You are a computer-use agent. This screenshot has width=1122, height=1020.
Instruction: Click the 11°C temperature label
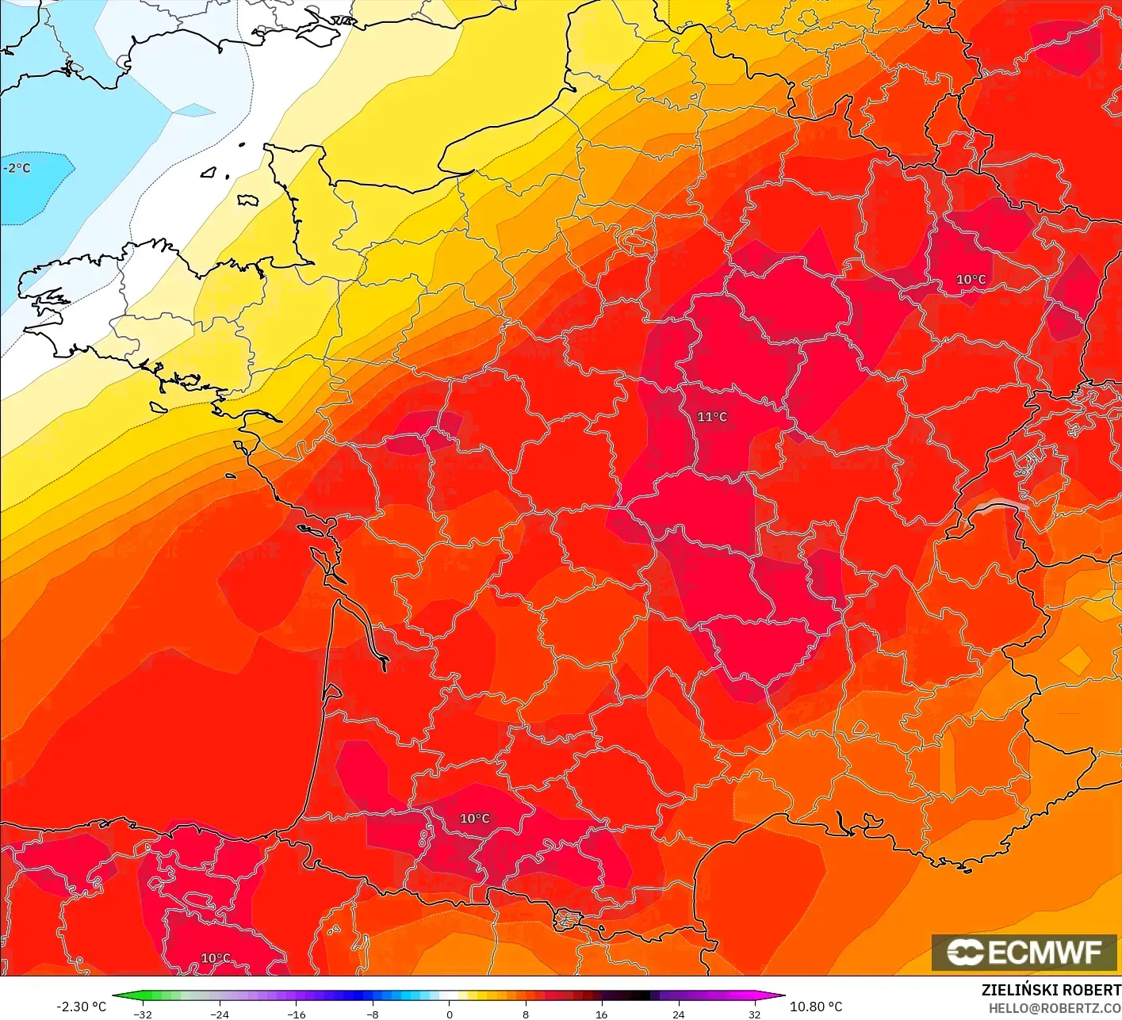click(711, 417)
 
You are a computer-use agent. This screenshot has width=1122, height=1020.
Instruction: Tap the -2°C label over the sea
click(17, 168)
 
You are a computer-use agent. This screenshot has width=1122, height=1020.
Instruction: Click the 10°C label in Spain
click(215, 958)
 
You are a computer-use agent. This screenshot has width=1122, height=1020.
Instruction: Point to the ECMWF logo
click(1024, 952)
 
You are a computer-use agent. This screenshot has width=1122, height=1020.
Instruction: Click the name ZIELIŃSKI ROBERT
click(1051, 990)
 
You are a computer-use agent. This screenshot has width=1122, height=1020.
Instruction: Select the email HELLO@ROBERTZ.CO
click(1055, 1007)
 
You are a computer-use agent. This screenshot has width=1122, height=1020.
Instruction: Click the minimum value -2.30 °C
click(81, 1007)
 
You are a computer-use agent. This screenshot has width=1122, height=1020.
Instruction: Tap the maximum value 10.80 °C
click(816, 1007)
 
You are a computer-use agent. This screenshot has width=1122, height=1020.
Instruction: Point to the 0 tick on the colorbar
click(449, 1014)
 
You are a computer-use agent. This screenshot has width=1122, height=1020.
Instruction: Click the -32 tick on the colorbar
click(143, 1014)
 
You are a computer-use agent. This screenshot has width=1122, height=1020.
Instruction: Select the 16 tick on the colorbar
click(601, 1014)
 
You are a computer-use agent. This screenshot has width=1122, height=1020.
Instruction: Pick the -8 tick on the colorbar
click(373, 1014)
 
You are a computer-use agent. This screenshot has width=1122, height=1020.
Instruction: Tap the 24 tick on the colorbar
click(678, 1014)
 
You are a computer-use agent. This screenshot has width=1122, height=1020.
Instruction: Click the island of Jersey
click(248, 200)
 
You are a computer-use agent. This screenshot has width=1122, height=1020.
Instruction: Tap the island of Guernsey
click(210, 171)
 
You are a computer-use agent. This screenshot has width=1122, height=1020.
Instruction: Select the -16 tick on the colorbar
click(296, 1014)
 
